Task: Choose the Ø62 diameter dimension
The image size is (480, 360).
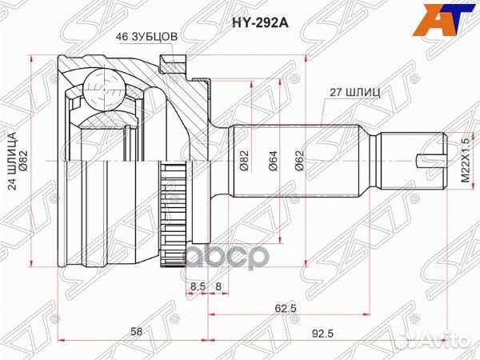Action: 297,164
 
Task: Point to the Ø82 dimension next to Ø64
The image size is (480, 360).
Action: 244,164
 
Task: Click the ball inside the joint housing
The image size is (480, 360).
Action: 99,84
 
